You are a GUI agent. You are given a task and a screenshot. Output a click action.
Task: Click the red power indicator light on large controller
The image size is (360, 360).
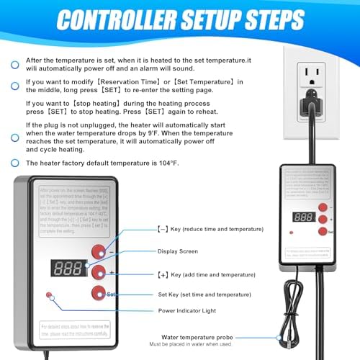click(x=49, y=295)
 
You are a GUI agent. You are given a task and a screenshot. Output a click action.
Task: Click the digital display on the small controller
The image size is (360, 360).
click(x=302, y=216)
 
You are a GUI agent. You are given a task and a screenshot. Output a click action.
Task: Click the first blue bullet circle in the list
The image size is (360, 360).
click(x=15, y=65)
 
